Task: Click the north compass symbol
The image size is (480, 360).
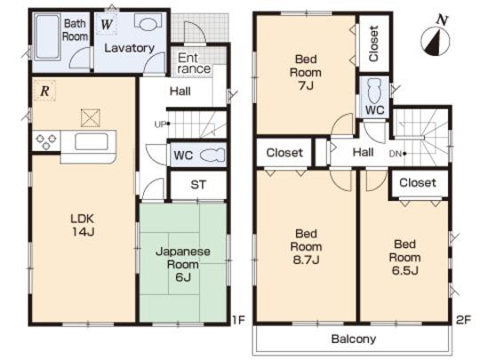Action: point(433,36)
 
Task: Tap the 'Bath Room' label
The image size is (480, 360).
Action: point(75,31)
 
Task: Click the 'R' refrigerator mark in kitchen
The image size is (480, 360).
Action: point(43,90)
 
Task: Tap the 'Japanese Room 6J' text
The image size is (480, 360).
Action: point(184,264)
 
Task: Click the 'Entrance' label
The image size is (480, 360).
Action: point(193,63)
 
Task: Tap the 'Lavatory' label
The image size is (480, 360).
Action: point(129,47)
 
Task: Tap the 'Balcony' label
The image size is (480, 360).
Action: point(354,339)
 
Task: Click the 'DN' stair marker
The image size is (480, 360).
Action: point(396,154)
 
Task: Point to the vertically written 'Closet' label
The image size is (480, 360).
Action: point(373,42)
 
